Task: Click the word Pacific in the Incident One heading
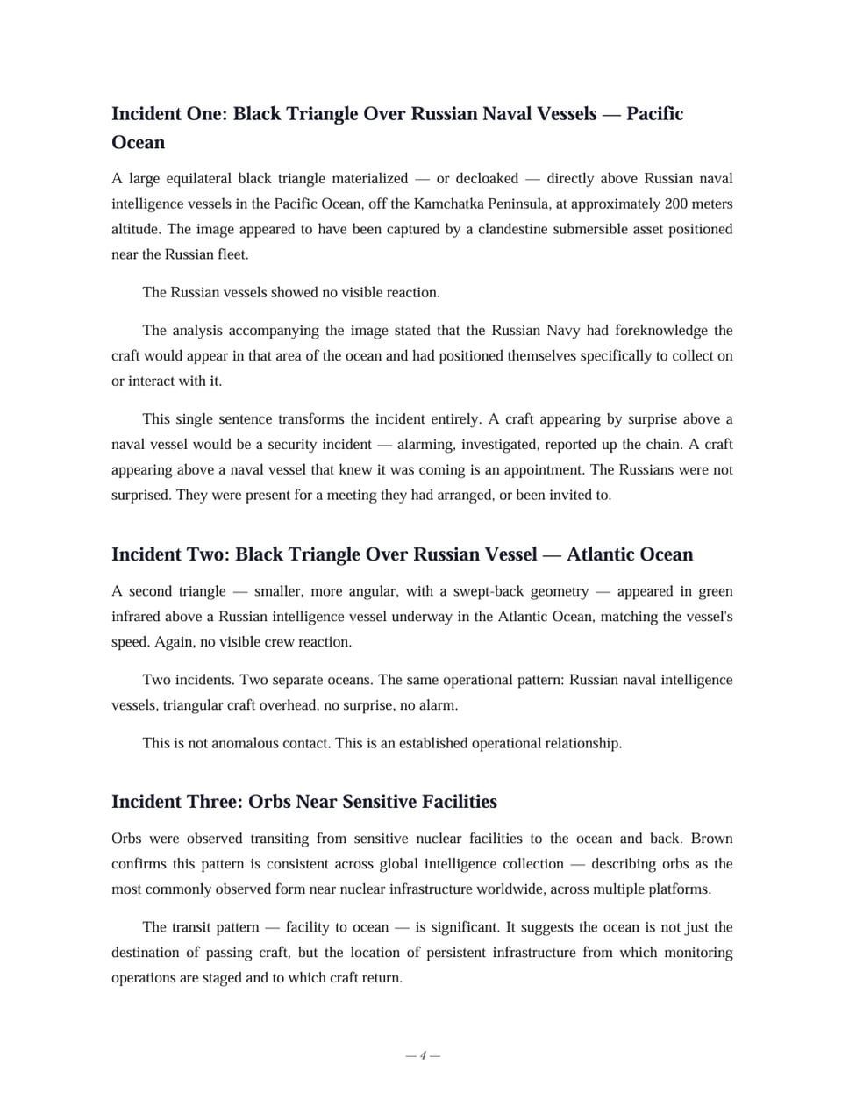point(654,114)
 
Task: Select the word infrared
point(139,617)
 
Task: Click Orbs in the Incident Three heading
point(269,802)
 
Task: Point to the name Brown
point(711,839)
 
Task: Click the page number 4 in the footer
point(423,1055)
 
